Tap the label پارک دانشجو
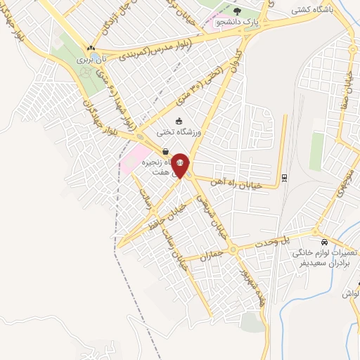[x=236, y=22]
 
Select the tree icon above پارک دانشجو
[x=236, y=11]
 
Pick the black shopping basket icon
[x=165, y=150]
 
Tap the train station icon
[x=283, y=177]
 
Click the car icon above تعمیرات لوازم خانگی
[x=323, y=233]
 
